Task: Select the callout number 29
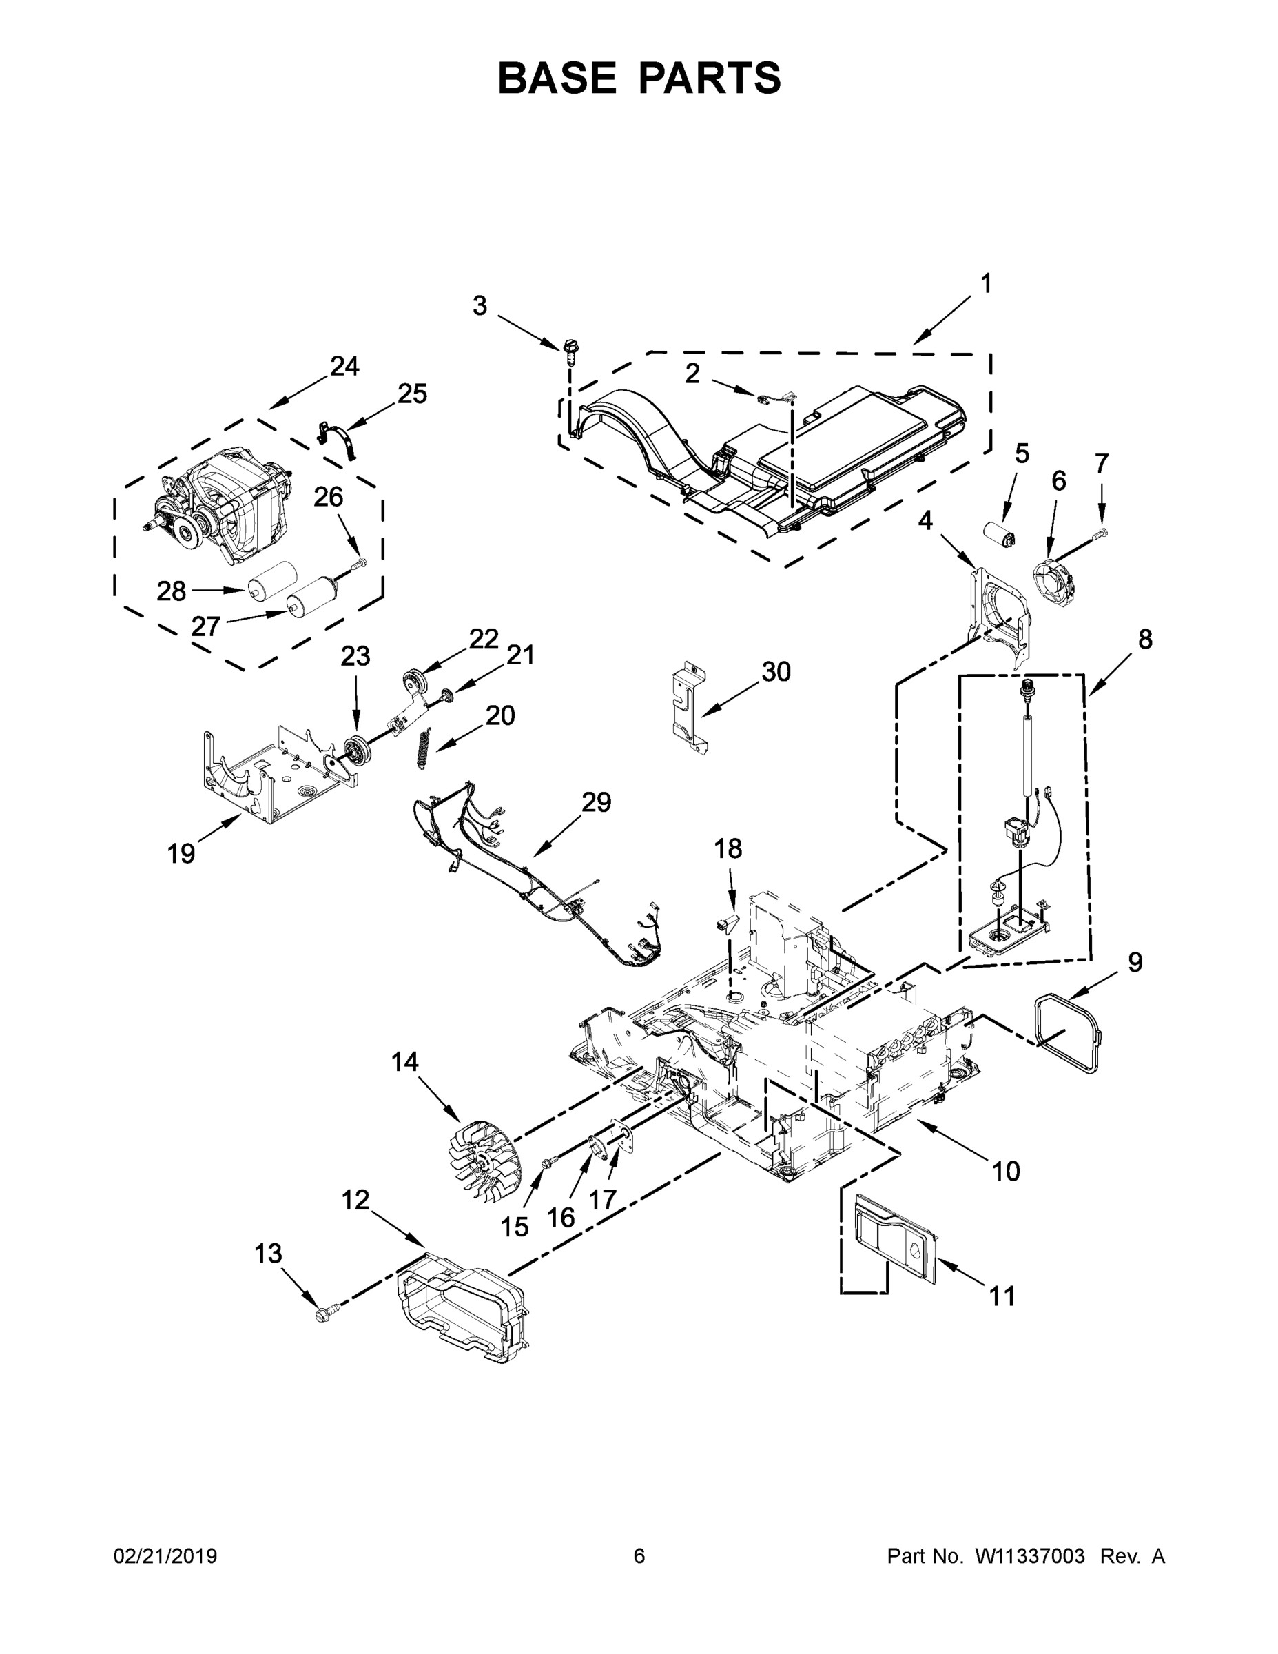click(596, 802)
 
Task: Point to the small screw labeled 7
click(1102, 535)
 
